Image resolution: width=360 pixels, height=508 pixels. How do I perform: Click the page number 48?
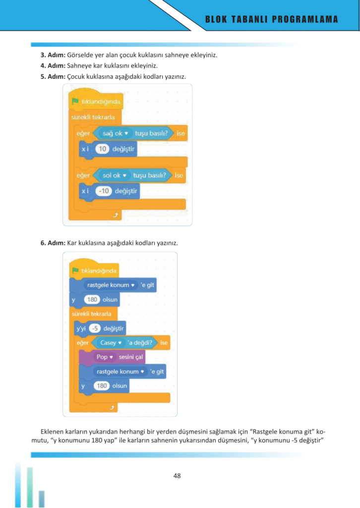[177, 476]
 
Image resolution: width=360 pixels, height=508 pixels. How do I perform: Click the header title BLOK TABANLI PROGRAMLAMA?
[272, 19]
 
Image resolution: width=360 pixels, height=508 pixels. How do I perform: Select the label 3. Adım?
[53, 55]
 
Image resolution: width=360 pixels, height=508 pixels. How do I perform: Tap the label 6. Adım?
[53, 243]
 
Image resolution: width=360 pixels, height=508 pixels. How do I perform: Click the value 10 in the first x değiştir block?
[102, 149]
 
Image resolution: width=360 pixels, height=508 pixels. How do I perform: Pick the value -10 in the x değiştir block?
[104, 191]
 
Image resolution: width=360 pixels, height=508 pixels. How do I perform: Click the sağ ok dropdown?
[116, 133]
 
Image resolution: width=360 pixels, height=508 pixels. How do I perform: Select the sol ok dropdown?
[114, 175]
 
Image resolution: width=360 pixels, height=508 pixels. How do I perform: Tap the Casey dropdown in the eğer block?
[111, 342]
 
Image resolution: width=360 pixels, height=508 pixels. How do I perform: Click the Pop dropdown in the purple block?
[105, 357]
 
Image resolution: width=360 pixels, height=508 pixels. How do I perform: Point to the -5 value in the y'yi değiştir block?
[95, 328]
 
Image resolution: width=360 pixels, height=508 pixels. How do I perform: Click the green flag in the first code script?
[75, 101]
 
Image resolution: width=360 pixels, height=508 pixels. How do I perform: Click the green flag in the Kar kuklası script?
[75, 270]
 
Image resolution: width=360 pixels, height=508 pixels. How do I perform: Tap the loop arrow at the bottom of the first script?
[116, 215]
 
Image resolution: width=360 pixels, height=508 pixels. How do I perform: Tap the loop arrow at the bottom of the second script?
[112, 408]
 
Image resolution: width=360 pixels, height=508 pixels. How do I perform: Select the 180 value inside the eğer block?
[102, 385]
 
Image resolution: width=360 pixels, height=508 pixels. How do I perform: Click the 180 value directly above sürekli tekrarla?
[92, 299]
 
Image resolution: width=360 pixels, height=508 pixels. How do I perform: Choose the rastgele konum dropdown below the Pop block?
[120, 371]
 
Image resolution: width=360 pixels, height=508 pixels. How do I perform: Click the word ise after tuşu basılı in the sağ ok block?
[180, 133]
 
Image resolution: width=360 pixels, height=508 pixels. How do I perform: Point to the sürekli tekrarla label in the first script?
[93, 117]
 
